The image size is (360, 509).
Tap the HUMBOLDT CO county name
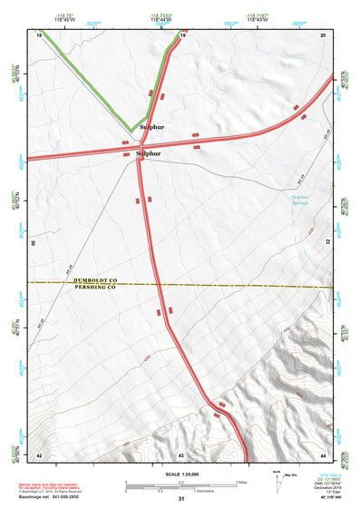coord(96,280)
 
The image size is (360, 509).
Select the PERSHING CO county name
coord(96,288)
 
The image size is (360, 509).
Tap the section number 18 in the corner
coord(40,34)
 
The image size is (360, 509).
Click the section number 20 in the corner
coord(323,34)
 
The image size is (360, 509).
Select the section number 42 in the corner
coord(39,454)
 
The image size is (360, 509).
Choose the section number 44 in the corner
coord(323,454)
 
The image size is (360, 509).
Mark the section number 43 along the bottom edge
coord(181,454)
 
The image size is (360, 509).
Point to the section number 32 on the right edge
coord(327,242)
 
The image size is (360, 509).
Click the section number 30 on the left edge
coord(34,243)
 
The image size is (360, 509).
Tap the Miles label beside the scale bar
coord(242,482)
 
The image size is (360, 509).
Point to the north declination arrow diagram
coord(277,479)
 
